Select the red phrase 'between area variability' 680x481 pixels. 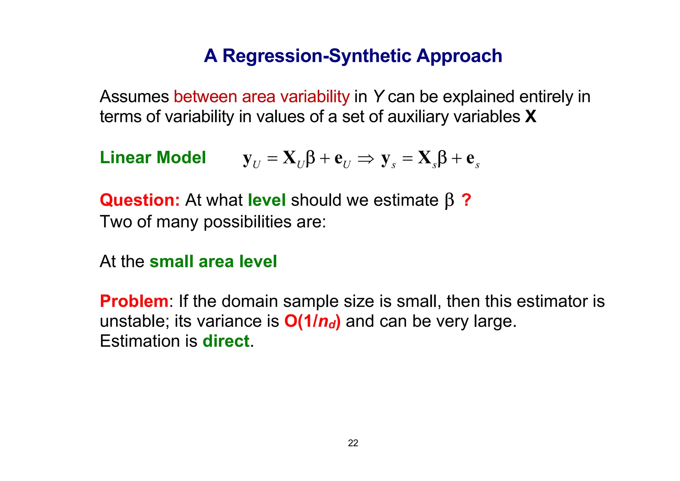click(x=262, y=97)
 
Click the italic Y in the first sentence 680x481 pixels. click(x=378, y=97)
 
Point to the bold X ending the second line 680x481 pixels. click(x=531, y=117)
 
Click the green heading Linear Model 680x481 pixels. click(x=153, y=157)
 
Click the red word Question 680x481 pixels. click(x=140, y=200)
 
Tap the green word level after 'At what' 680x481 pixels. click(x=267, y=200)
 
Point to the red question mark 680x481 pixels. click(x=466, y=200)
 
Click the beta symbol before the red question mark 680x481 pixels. click(x=449, y=201)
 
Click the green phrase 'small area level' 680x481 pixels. click(x=213, y=261)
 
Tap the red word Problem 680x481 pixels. click(x=134, y=301)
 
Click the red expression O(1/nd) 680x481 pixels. click(x=312, y=322)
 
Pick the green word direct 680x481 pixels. click(x=226, y=341)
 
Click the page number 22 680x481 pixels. click(x=353, y=443)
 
